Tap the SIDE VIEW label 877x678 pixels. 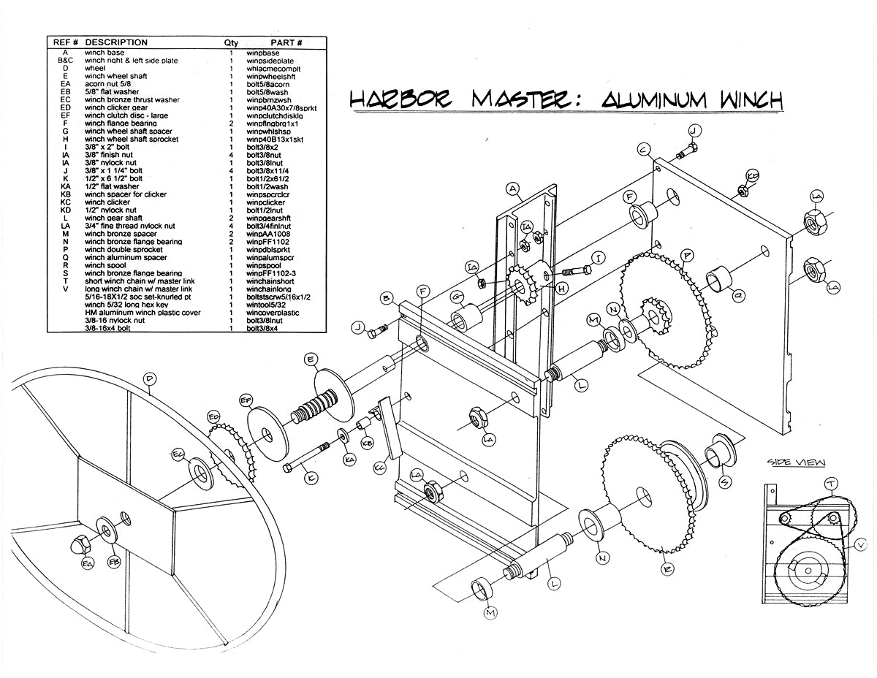point(796,462)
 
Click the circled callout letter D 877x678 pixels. point(149,379)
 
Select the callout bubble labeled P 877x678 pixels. point(688,256)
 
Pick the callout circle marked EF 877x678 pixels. point(246,400)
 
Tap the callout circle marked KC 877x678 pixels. point(379,466)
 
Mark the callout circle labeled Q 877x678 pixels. point(739,295)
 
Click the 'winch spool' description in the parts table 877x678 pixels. point(107,265)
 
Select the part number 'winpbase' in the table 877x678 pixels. point(263,53)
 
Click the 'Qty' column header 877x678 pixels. point(231,42)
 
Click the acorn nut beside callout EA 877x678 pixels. point(81,544)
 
